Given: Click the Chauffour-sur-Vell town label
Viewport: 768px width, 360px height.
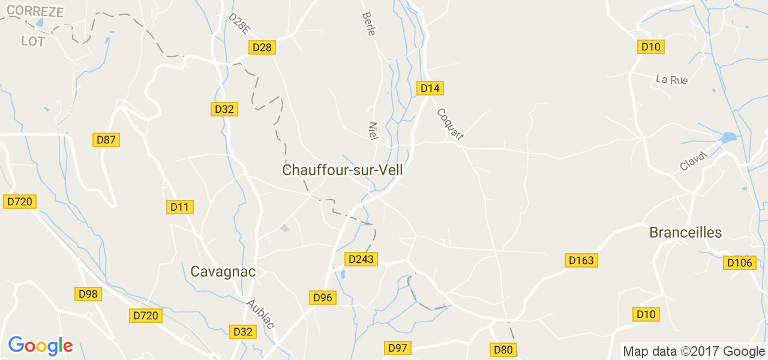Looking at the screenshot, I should pyautogui.click(x=342, y=170).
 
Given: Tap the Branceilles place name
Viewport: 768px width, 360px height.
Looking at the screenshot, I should pyautogui.click(x=685, y=233).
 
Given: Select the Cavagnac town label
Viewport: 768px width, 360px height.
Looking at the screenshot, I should pyautogui.click(x=223, y=272).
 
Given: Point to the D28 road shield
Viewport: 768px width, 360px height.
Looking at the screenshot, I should pyautogui.click(x=262, y=47).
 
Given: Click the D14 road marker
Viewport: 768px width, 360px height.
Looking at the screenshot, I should pyautogui.click(x=430, y=88).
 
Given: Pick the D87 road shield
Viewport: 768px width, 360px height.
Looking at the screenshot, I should pyautogui.click(x=107, y=140).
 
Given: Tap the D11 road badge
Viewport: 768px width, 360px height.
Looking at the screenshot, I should pyautogui.click(x=179, y=207).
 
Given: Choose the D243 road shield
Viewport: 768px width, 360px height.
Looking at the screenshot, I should pyautogui.click(x=361, y=259).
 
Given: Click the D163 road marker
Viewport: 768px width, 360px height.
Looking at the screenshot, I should pyautogui.click(x=581, y=260).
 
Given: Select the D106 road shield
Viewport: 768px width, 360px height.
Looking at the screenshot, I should pyautogui.click(x=739, y=263).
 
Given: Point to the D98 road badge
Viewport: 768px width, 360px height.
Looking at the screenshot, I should pyautogui.click(x=88, y=294).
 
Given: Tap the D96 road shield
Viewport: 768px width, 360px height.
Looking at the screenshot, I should pyautogui.click(x=322, y=298).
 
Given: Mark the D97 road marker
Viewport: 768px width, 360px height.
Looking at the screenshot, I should pyautogui.click(x=397, y=348).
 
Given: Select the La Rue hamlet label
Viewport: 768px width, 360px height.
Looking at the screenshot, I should pyautogui.click(x=671, y=79).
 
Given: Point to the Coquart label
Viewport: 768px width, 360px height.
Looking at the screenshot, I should pyautogui.click(x=450, y=124).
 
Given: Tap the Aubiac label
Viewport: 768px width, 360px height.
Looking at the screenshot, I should pyautogui.click(x=260, y=314).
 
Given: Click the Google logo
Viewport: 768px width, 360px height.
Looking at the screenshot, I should pyautogui.click(x=40, y=346).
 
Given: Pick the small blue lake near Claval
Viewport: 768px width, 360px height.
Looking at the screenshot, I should pyautogui.click(x=728, y=137).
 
